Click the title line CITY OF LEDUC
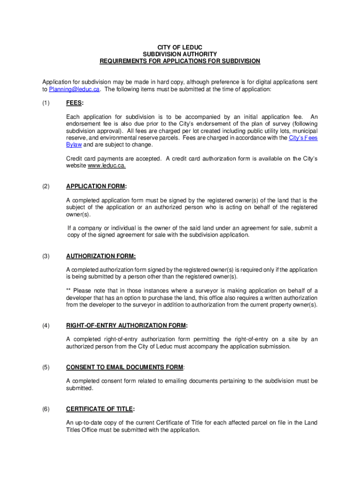tap(180, 48)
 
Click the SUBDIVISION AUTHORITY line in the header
tap(180, 54)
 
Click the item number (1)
tap(46, 103)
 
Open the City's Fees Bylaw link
tap(303, 138)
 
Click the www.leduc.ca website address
tap(103, 166)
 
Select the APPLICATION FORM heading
tap(95, 187)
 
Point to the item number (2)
tap(46, 187)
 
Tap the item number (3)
tap(46, 256)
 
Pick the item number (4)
tap(46, 326)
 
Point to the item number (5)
tap(46, 367)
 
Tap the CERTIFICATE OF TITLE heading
tap(99, 409)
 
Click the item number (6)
tap(46, 409)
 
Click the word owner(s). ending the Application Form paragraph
tap(79, 214)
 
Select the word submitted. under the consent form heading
tap(79, 388)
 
